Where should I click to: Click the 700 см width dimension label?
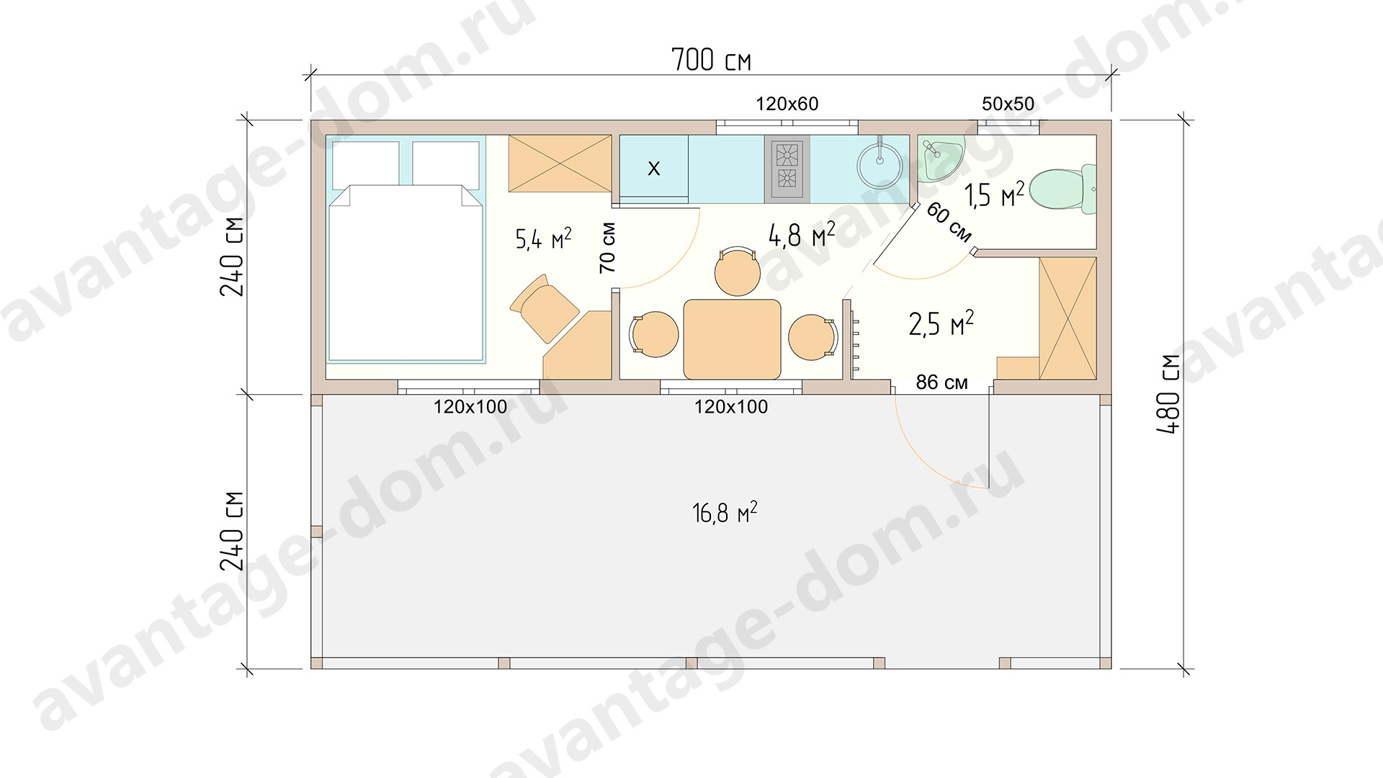[x=711, y=60]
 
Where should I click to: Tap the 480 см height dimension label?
[x=1168, y=394]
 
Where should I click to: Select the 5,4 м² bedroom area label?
[x=543, y=238]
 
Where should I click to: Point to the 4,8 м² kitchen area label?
[x=802, y=234]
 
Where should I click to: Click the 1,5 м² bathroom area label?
[x=994, y=194]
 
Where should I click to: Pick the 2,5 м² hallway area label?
[x=941, y=323]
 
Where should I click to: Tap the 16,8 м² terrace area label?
[x=725, y=512]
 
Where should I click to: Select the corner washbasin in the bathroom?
[x=939, y=158]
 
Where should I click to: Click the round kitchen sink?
[x=880, y=166]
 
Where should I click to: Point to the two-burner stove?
[x=787, y=168]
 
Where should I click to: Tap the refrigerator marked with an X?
[x=653, y=168]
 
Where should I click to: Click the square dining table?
[x=732, y=339]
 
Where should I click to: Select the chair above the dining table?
[x=738, y=271]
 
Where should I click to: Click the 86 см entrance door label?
[x=941, y=382]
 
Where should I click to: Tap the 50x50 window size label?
[x=1008, y=104]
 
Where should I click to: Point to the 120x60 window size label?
[x=787, y=104]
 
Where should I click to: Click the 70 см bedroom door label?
[x=607, y=247]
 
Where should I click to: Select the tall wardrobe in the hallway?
[x=1068, y=318]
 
